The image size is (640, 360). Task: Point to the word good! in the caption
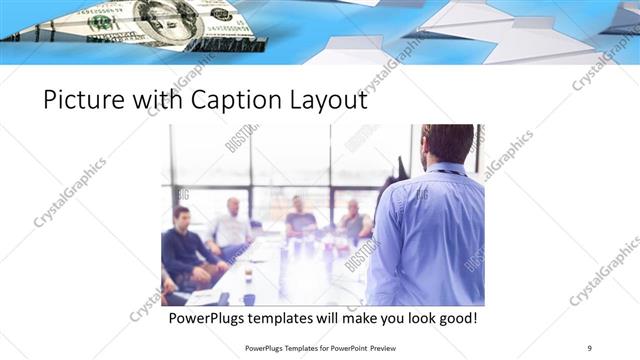tap(456, 319)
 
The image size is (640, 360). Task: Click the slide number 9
tap(590, 347)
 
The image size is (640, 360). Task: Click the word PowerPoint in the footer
tap(343, 347)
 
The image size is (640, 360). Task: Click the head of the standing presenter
tap(447, 143)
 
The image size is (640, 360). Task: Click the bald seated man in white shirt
tap(231, 230)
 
